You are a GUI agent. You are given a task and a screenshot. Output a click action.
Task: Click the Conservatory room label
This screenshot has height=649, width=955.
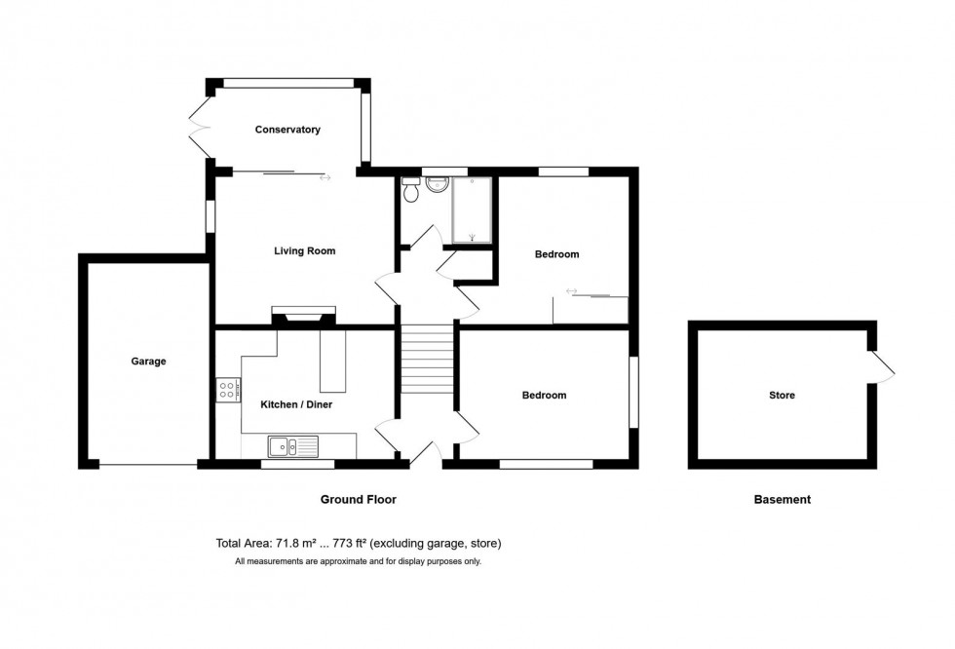tap(287, 130)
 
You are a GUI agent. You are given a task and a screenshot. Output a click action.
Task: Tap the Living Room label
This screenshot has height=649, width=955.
tap(304, 250)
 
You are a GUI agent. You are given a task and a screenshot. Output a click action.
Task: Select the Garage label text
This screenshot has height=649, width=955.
tap(148, 362)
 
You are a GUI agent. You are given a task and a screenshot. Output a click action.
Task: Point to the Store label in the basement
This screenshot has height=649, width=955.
tap(782, 396)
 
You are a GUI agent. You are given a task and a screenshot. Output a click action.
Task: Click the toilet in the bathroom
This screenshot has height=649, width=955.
tap(411, 193)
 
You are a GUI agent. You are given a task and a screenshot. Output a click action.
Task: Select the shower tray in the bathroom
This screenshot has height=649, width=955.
tap(472, 210)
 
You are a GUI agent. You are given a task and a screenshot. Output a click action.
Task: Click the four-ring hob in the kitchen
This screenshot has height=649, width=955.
tap(227, 390)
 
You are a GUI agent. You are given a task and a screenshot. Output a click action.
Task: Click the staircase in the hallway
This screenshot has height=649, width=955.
tap(428, 360)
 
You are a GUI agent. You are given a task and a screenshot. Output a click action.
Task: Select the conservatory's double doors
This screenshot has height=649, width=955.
tap(200, 129)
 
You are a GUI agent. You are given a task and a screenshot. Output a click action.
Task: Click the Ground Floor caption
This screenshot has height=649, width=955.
tap(359, 499)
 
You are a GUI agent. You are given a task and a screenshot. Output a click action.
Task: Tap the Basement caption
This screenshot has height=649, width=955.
tap(782, 500)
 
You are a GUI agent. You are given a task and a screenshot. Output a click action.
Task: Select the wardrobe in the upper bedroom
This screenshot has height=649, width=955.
tap(591, 309)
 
